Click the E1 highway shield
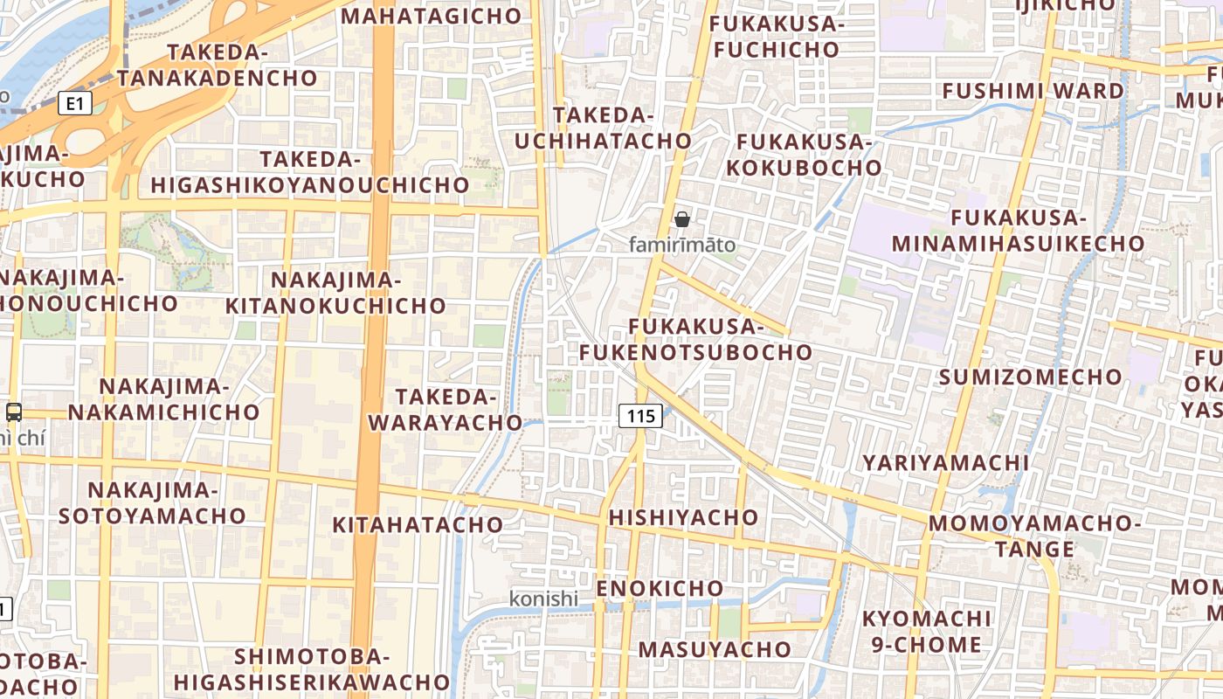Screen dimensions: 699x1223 click(x=75, y=104)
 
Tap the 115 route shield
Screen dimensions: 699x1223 click(x=640, y=416)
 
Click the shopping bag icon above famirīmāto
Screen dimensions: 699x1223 click(x=682, y=219)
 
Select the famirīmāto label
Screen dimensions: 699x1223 click(x=682, y=246)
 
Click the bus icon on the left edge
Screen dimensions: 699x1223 click(x=14, y=412)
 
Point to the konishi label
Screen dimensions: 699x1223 click(x=543, y=599)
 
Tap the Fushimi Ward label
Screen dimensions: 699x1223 click(x=1033, y=91)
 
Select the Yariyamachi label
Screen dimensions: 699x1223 click(x=945, y=462)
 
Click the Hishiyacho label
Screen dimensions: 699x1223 click(x=683, y=517)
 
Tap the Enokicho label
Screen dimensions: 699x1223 click(x=660, y=588)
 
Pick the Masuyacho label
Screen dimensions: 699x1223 click(x=714, y=649)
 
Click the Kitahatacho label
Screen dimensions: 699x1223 click(x=418, y=524)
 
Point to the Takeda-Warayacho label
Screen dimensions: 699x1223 click(x=445, y=410)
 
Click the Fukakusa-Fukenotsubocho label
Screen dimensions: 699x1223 click(x=695, y=339)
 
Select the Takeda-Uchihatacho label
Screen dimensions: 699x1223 click(x=603, y=128)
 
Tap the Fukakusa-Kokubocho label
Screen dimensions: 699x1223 click(x=809, y=155)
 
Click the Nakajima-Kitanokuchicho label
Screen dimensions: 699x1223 click(x=336, y=293)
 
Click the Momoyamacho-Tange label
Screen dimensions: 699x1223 click(x=1034, y=536)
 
